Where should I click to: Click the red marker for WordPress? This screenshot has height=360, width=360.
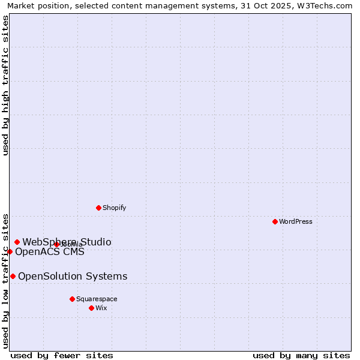point(275,221)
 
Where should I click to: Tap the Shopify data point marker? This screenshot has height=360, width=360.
point(98,208)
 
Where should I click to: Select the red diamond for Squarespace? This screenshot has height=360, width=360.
point(72,299)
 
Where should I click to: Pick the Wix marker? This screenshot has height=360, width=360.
point(91,308)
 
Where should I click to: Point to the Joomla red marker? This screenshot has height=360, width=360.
point(56,244)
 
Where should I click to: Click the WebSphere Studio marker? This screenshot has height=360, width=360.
point(17,242)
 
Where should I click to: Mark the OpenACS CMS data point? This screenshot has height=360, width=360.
point(10,251)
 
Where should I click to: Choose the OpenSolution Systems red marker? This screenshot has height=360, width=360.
point(13,276)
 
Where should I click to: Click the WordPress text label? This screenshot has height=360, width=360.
point(296,221)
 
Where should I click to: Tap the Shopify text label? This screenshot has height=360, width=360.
point(114,208)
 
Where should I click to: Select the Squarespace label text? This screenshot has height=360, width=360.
point(97,299)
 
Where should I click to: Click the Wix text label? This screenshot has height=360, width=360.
point(101,308)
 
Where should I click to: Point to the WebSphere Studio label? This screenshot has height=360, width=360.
point(67,242)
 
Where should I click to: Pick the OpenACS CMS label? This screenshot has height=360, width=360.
point(50,251)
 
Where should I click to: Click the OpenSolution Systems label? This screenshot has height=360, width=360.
point(73,276)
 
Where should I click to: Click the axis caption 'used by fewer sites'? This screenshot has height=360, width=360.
point(62,355)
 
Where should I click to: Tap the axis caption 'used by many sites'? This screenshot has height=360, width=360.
point(301,355)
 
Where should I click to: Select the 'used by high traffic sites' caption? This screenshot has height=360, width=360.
point(6,85)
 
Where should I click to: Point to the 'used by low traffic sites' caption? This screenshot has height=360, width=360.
point(6,280)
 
